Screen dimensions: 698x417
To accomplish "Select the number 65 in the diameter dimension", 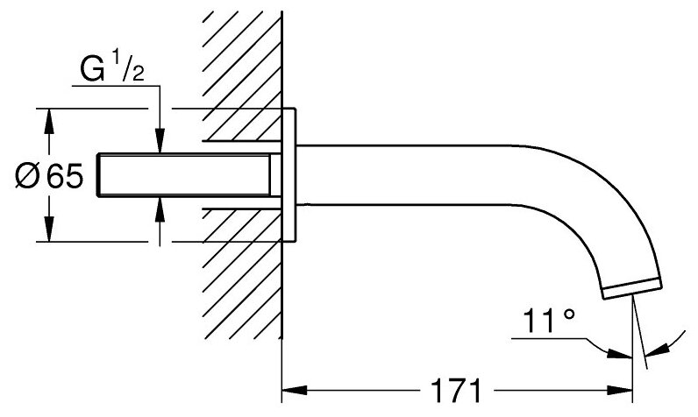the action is [x=66, y=178].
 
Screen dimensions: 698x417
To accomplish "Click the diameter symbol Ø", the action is [x=27, y=178].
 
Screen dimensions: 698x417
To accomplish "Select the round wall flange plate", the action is [x=289, y=175].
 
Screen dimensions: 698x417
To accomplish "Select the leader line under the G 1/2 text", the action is [x=114, y=85].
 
